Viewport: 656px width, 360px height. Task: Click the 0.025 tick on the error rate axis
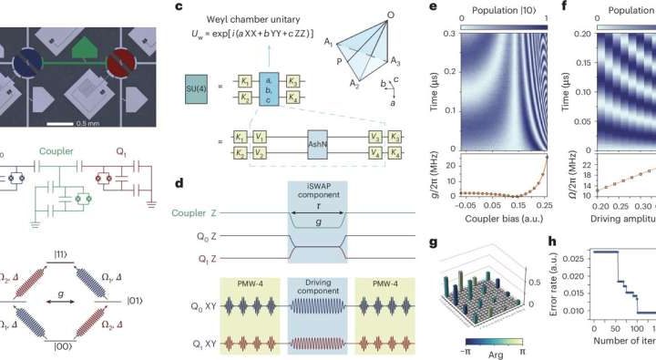[574, 279]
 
